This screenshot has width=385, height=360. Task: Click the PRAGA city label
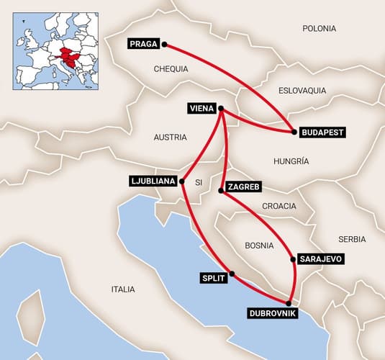(x=144, y=44)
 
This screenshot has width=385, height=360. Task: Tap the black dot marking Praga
(x=165, y=44)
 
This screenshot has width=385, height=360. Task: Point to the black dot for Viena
(x=221, y=109)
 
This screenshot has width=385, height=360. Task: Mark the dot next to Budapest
(x=294, y=132)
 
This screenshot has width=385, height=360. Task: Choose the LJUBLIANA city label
(x=153, y=181)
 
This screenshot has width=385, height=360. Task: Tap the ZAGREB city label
(x=243, y=187)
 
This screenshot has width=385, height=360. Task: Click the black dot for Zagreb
(x=221, y=190)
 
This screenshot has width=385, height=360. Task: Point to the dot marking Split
(x=232, y=274)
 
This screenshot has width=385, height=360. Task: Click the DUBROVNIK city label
(x=271, y=314)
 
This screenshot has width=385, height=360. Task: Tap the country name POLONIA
(x=319, y=29)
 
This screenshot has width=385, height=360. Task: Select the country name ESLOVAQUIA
(x=302, y=91)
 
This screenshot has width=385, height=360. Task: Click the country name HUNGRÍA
(x=291, y=161)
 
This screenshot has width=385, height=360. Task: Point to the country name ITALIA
(x=123, y=289)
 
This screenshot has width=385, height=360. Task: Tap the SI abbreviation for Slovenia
(x=197, y=183)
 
